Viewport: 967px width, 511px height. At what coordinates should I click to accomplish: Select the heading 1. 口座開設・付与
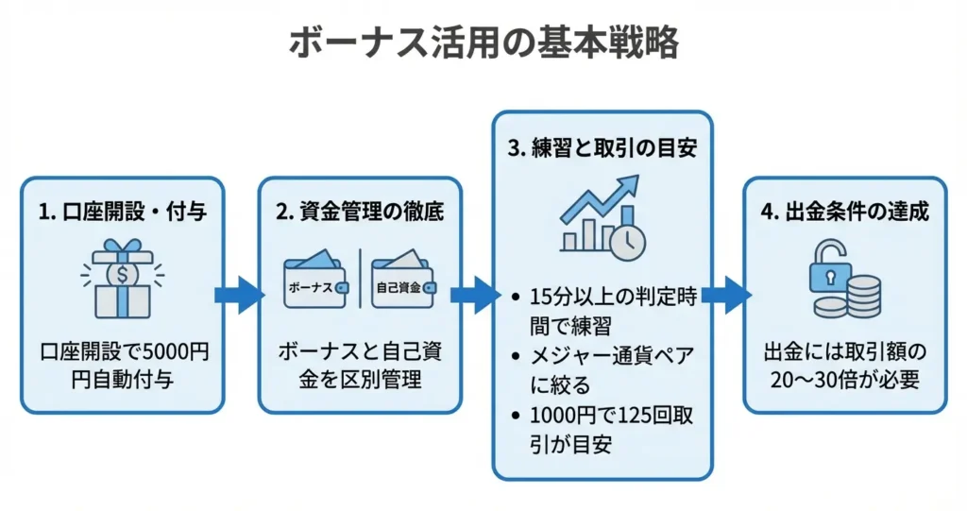pos(123,212)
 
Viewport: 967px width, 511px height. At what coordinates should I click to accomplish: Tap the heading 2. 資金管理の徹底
pos(360,212)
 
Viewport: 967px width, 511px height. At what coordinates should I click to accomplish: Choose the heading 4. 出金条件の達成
pos(844,212)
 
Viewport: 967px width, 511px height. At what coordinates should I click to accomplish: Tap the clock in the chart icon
pos(626,240)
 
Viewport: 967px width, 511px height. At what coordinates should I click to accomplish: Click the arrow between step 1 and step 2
pos(241,295)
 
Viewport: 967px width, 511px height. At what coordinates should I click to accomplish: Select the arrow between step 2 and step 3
pos(476,295)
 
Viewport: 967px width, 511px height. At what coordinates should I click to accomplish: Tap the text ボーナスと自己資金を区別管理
pos(360,366)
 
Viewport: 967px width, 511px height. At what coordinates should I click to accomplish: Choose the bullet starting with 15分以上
pos(605,309)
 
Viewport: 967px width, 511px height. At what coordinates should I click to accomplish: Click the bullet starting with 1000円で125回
pos(605,430)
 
